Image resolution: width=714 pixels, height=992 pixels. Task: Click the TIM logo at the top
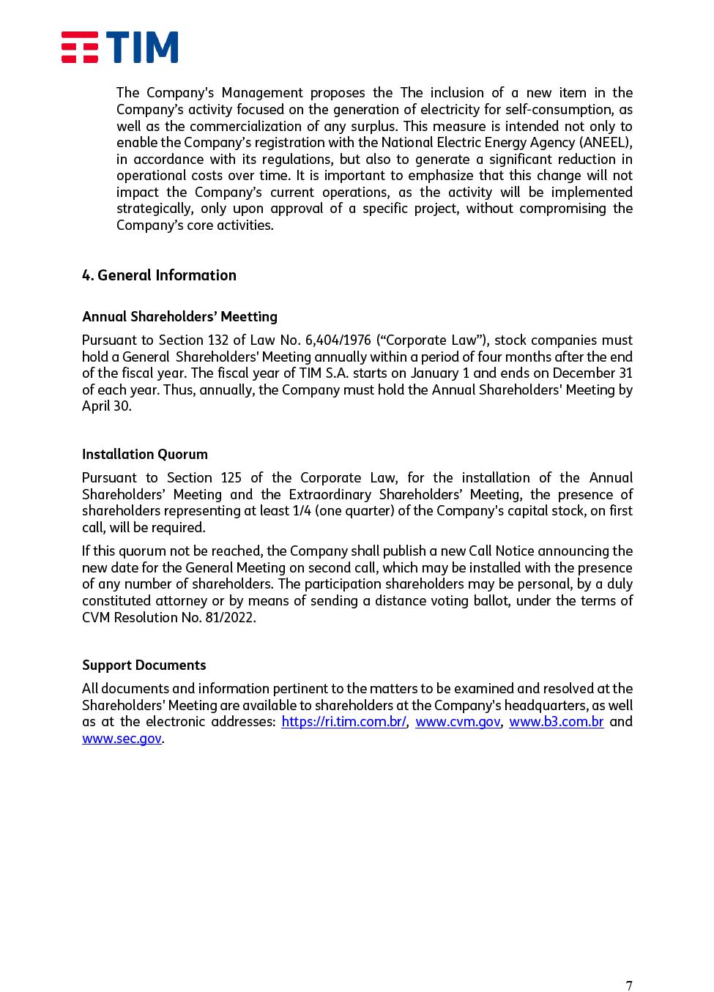coord(119,47)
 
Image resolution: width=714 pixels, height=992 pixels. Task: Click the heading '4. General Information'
coord(159,275)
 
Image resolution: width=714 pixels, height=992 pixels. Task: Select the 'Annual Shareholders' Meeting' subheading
coord(179,316)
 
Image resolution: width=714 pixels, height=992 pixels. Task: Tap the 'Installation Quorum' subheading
coord(144,454)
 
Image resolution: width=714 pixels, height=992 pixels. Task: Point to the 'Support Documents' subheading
coord(144,665)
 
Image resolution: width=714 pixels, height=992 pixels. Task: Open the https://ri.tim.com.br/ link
coord(343,722)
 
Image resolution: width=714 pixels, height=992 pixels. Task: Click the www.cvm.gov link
coord(458,722)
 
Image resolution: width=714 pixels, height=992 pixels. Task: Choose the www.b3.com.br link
coord(556,722)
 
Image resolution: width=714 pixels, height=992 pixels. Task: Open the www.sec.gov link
coord(122,739)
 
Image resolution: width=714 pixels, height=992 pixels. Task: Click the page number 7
coord(628,985)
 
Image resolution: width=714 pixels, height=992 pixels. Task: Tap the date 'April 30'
coord(105,406)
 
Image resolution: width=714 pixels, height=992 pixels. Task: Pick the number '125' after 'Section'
coord(231,478)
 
